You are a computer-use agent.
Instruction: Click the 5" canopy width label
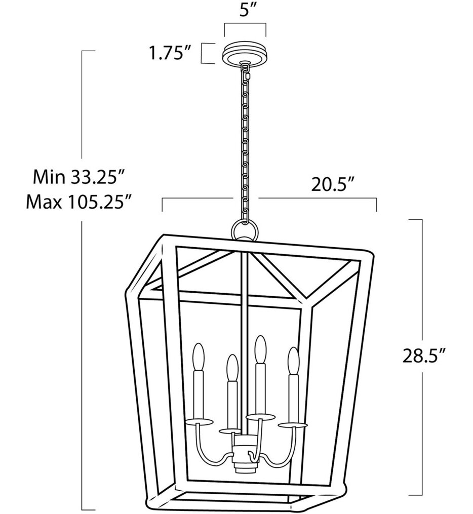246,12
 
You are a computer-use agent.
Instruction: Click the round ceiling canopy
246,52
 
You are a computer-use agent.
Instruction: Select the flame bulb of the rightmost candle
293,360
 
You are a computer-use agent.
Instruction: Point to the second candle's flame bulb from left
232,367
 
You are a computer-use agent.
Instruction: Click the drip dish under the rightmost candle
293,424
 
